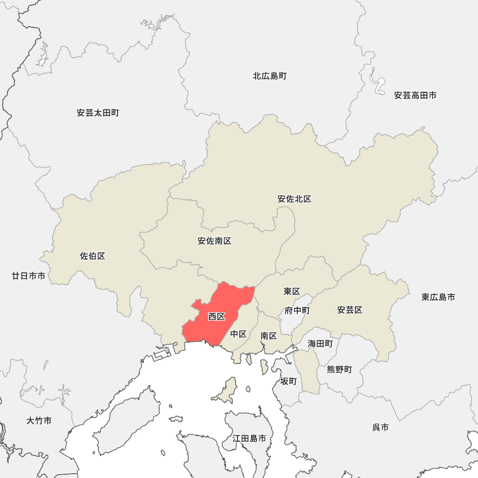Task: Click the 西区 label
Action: pyautogui.click(x=217, y=316)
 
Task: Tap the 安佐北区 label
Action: pyautogui.click(x=294, y=199)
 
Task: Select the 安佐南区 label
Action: pyautogui.click(x=215, y=241)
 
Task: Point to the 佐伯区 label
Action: pyautogui.click(x=93, y=256)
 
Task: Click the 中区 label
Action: pyautogui.click(x=239, y=334)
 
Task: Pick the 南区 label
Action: pyautogui.click(x=269, y=336)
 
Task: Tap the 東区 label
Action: pyautogui.click(x=292, y=291)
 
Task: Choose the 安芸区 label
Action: pyautogui.click(x=350, y=310)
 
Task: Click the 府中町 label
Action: pyautogui.click(x=297, y=311)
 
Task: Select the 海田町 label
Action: pyautogui.click(x=320, y=343)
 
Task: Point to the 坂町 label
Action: pyautogui.click(x=289, y=381)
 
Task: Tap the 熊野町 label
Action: pyautogui.click(x=339, y=369)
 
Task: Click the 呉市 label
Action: pyautogui.click(x=380, y=427)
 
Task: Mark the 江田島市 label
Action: pyautogui.click(x=250, y=438)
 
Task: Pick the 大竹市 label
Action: pyautogui.click(x=39, y=421)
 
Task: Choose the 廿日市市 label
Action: pyautogui.click(x=29, y=276)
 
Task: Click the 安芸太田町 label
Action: pyautogui.click(x=98, y=113)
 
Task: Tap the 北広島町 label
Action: pyautogui.click(x=270, y=76)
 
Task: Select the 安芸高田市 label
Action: pyautogui.click(x=415, y=96)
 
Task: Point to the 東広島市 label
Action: pyautogui.click(x=438, y=297)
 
